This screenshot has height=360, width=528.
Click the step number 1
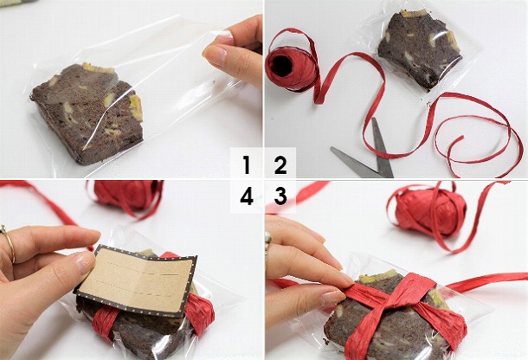tap(247, 164)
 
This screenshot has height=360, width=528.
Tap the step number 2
tap(280, 165)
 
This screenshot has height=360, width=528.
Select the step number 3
tap(280, 196)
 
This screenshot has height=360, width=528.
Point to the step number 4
tap(247, 196)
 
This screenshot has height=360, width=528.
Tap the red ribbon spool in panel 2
tap(293, 67)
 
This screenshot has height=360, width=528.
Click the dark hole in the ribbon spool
tap(281, 66)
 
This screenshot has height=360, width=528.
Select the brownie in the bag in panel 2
tap(421, 50)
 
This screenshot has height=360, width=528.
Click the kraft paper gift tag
tap(135, 280)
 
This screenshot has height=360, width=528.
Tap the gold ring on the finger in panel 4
tap(10, 243)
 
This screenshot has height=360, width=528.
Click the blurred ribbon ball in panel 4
tap(128, 195)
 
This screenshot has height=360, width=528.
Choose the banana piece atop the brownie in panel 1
tap(99, 68)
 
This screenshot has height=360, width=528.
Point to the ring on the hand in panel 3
tap(267, 241)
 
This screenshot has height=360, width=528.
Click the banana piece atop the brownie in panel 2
tap(413, 13)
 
